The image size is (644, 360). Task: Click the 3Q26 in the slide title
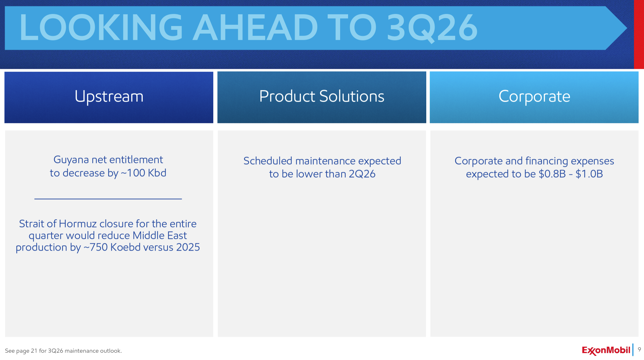point(432,28)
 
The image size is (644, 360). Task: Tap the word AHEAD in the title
point(255,28)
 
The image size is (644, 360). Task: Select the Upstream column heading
point(109,97)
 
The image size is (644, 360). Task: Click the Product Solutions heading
point(322,96)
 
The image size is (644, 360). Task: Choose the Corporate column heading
point(534,97)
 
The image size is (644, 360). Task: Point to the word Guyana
point(71,160)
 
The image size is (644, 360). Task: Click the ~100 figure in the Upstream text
point(133,173)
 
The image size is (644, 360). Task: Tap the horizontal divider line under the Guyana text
point(108,199)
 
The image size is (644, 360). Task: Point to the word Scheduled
point(268,161)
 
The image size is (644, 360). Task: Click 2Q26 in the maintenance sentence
point(362,174)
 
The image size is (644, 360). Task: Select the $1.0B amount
point(589,174)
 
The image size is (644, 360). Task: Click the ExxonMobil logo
point(606,350)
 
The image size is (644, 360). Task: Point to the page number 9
point(639,350)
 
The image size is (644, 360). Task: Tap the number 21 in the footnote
point(34,351)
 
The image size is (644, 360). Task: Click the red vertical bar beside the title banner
point(639,34)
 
